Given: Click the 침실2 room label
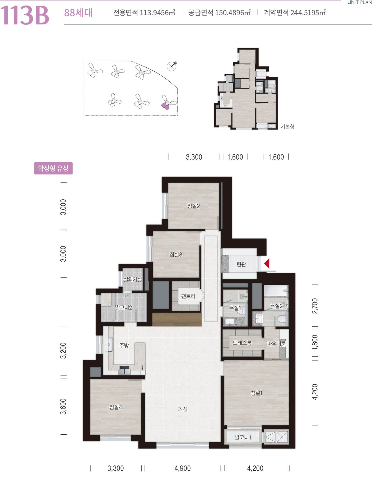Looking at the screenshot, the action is tap(194, 206).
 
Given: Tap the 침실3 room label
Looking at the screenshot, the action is tap(176, 254).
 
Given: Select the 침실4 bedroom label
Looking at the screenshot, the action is tap(116, 407).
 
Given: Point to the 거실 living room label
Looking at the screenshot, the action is tap(183, 409).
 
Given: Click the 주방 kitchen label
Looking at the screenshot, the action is tap(124, 345).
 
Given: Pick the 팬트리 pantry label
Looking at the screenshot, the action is tap(188, 296).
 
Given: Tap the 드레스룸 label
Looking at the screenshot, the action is tap(242, 343).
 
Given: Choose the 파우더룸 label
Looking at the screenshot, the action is tap(276, 344).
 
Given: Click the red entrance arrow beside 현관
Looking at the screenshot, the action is tap(267, 264).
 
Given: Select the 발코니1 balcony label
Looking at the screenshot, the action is tap(243, 438).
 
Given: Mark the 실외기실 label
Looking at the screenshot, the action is tap(133, 279).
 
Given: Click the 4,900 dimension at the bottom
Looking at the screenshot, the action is tap(183, 468).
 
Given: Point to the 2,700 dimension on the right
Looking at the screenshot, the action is tap(315, 306).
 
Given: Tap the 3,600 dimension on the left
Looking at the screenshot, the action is tap(63, 406).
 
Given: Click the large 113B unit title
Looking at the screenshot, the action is tap(25, 16).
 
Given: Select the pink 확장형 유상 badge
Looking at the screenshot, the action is tap(53, 168).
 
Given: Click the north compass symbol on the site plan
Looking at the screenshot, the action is tap(172, 66).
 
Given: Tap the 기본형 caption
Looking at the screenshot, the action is tap(287, 127).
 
